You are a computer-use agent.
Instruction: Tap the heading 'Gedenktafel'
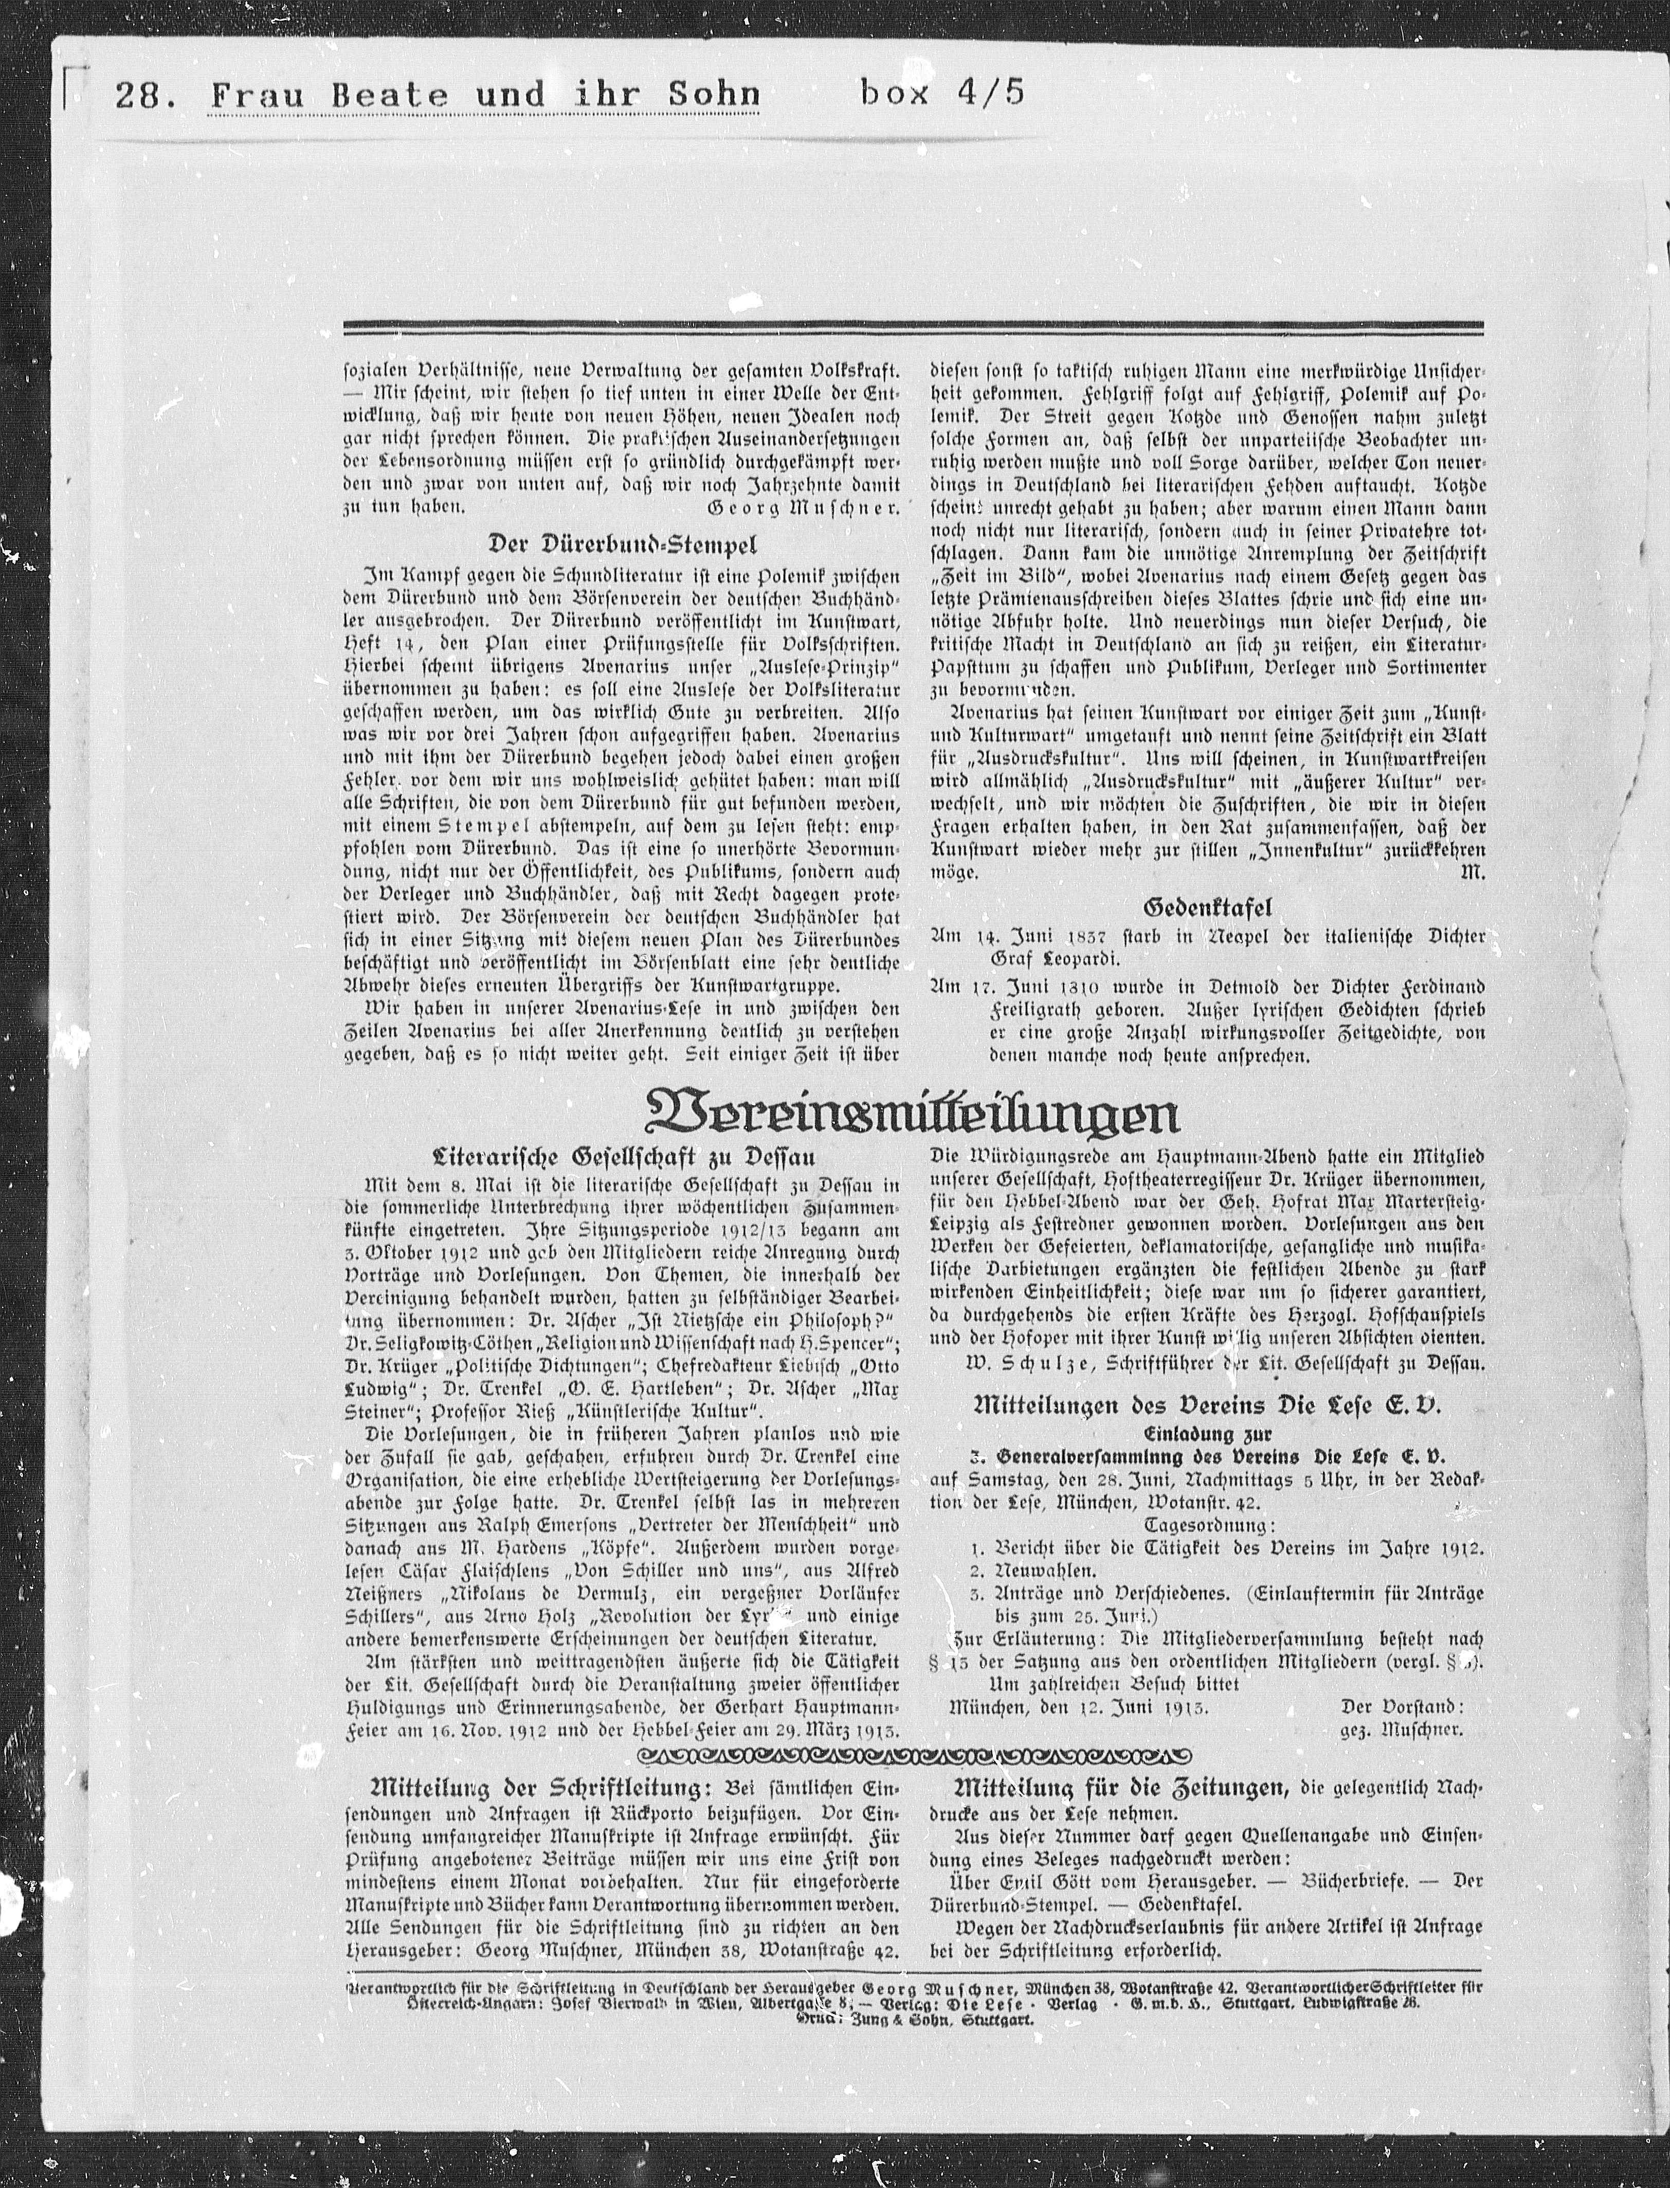[1208, 906]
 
